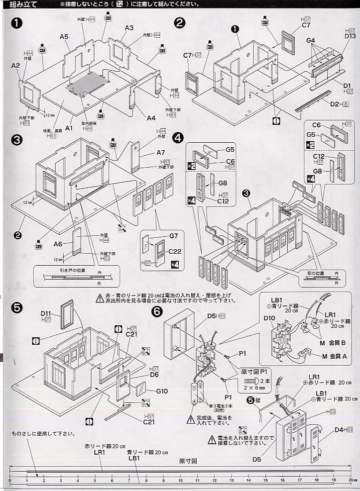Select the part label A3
tap(129, 28)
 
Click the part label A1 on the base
tap(69, 128)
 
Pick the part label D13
tap(349, 36)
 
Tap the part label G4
tap(311, 40)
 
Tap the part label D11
tap(46, 313)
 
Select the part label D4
tap(340, 429)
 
